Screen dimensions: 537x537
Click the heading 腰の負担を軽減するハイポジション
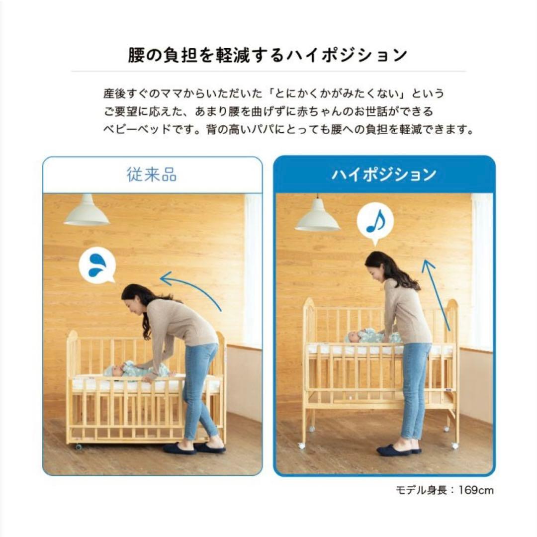click(268, 55)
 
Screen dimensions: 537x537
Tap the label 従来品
click(152, 175)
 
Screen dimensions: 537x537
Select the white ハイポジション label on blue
click(384, 175)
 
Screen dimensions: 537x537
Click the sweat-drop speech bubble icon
click(97, 265)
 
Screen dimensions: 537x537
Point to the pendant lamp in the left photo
click(87, 211)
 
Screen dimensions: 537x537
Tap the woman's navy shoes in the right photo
click(398, 450)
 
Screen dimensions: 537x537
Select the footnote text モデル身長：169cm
click(445, 490)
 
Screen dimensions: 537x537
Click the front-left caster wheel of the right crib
click(301, 446)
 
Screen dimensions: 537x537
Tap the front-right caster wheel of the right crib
click(454, 446)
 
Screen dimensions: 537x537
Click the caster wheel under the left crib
click(78, 447)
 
